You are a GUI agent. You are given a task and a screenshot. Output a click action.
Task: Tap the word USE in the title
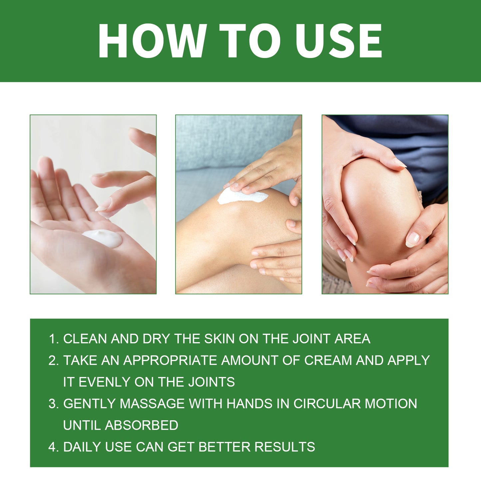coord(339,41)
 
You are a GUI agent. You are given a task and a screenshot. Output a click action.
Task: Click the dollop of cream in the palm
coord(103,238)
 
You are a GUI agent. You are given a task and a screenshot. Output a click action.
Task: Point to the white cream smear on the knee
coord(242,197)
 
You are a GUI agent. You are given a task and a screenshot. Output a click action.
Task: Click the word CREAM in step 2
coord(328,361)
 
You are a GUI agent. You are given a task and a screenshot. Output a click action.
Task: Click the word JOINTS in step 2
coord(211,382)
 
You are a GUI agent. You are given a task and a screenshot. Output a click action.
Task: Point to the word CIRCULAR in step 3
coord(327,404)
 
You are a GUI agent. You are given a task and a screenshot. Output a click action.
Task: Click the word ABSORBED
coord(141,425)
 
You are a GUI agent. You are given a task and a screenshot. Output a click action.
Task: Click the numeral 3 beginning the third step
coord(53,404)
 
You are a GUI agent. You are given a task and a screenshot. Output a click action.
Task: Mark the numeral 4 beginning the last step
coord(53,447)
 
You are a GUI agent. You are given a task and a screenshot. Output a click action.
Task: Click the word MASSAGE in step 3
coord(152,404)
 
